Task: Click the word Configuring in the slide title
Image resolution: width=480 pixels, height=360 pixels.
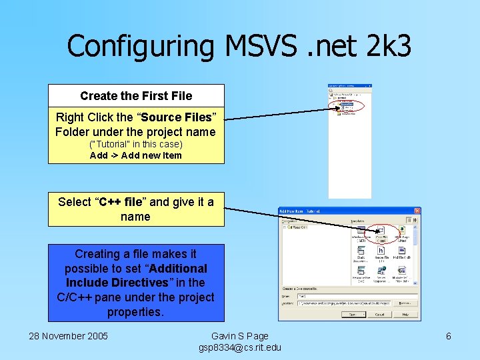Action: click(141, 46)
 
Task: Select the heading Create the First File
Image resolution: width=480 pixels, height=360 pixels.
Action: click(136, 96)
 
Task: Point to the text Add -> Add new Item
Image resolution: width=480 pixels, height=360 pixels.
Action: click(135, 155)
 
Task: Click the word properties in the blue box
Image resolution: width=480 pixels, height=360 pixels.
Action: click(135, 311)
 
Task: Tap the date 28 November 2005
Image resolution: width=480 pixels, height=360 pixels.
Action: click(68, 336)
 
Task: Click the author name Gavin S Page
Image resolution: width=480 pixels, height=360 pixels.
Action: click(240, 336)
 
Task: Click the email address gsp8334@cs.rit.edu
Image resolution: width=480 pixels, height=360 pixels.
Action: click(240, 347)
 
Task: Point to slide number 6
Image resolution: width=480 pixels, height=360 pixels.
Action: click(449, 336)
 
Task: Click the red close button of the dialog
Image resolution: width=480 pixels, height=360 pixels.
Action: click(417, 211)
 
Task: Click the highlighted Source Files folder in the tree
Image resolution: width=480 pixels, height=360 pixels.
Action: click(347, 105)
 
